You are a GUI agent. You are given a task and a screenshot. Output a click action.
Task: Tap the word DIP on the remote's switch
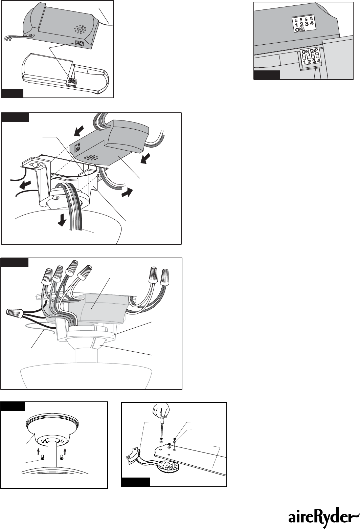click(x=314, y=51)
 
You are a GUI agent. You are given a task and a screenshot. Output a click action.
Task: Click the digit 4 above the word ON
click(x=312, y=23)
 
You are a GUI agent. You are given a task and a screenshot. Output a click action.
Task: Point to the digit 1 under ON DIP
click(x=305, y=62)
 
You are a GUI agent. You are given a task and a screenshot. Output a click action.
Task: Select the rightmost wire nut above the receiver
click(x=165, y=277)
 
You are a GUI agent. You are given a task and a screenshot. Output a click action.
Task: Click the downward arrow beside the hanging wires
click(x=62, y=220)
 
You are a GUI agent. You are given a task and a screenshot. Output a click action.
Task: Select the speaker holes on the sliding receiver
click(x=91, y=157)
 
